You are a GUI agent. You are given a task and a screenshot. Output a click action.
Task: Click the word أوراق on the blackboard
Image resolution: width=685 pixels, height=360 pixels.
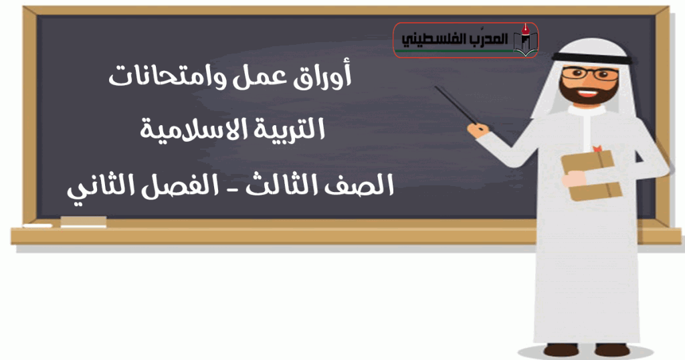[x=321, y=78]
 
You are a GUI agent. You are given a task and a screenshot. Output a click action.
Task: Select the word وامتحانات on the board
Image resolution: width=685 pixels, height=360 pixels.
[x=168, y=77]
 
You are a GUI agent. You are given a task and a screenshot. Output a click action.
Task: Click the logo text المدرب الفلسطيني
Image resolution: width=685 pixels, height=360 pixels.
[x=454, y=39]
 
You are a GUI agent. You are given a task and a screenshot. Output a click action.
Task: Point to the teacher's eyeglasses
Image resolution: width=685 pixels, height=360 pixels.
[x=590, y=74]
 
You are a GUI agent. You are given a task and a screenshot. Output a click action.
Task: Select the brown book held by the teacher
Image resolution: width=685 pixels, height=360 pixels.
[x=591, y=175]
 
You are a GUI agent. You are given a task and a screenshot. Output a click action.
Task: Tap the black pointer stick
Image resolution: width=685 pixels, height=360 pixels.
[x=456, y=105]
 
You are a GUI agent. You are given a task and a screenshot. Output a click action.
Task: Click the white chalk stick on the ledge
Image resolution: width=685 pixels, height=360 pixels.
[x=37, y=226]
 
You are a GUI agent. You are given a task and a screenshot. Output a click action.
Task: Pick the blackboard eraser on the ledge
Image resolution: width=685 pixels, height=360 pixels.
[x=83, y=221]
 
